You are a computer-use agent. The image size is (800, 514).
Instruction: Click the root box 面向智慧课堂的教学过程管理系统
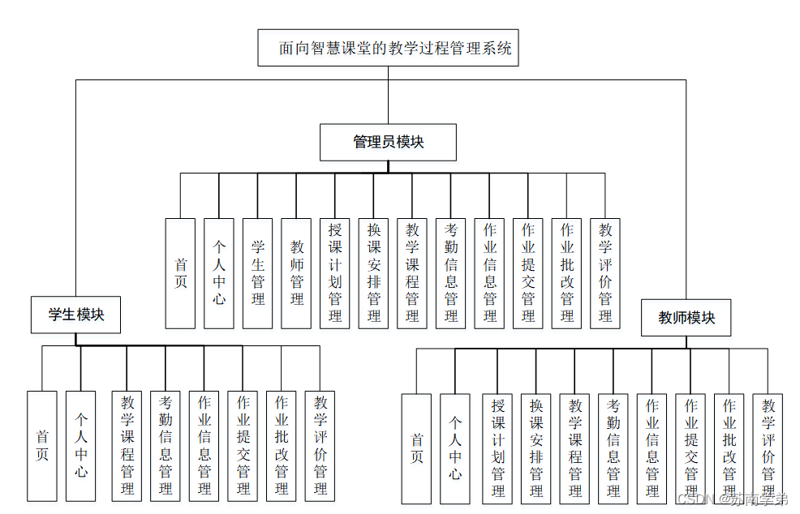click(x=388, y=48)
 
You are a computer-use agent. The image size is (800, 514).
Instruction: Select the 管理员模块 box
click(x=388, y=143)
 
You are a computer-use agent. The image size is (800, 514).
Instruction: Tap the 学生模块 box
click(x=75, y=315)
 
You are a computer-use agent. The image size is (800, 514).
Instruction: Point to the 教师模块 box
click(x=686, y=318)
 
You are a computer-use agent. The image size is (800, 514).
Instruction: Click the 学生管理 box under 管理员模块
click(x=258, y=272)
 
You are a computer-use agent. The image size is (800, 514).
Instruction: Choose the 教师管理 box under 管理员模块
click(x=297, y=272)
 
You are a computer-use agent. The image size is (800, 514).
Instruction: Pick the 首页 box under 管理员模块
click(x=180, y=272)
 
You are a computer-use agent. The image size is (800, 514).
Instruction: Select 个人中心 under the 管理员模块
click(x=219, y=272)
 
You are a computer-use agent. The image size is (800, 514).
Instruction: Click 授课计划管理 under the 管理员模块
click(x=335, y=272)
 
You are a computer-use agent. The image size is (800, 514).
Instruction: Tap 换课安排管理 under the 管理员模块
click(x=374, y=272)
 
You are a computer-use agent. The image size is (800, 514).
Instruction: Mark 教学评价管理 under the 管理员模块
click(x=605, y=272)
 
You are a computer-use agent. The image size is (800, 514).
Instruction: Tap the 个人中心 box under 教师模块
click(x=455, y=449)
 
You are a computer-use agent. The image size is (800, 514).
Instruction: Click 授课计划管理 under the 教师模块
click(x=498, y=449)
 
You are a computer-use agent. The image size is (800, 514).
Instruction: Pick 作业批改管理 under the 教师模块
click(x=729, y=449)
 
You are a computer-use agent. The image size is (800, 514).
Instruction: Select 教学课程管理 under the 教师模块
click(x=575, y=449)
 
